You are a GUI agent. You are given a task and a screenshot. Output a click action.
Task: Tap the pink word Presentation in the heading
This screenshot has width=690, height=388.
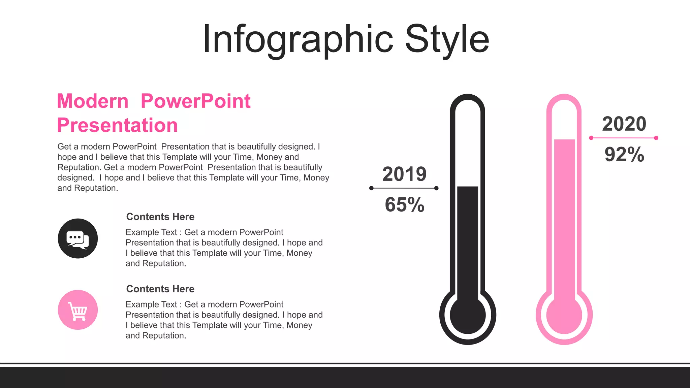(x=117, y=125)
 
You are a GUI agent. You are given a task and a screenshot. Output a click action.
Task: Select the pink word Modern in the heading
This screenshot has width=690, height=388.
(x=93, y=101)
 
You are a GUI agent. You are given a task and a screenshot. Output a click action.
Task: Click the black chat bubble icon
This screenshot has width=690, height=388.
(x=78, y=238)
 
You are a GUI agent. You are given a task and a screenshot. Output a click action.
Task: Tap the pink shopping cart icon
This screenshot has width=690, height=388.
(x=78, y=310)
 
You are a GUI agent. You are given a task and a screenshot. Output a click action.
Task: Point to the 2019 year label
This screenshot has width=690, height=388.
(x=404, y=174)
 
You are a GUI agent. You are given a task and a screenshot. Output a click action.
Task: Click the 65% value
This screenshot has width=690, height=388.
(x=404, y=204)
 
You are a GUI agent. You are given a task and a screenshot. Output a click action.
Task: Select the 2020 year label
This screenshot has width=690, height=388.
(x=624, y=124)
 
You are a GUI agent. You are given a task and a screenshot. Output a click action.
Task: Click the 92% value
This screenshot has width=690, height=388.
(x=624, y=155)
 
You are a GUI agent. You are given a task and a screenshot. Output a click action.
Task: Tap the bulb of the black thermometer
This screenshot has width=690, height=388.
(x=468, y=316)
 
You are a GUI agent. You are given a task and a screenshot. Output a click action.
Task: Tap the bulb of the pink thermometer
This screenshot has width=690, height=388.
(x=564, y=316)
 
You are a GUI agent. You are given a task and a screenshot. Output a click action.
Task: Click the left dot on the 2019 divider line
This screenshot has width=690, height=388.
(x=371, y=188)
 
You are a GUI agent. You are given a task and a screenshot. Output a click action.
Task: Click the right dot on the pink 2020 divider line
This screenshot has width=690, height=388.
(x=656, y=138)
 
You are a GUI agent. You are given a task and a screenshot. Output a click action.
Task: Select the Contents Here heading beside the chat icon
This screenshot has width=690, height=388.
(x=160, y=217)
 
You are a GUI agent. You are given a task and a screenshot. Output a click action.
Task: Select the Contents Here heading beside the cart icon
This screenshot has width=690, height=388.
(x=160, y=289)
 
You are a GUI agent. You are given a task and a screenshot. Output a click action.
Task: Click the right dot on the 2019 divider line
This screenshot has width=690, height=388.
(x=436, y=188)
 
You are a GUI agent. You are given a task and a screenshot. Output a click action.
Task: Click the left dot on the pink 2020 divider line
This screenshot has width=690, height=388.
(x=591, y=138)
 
